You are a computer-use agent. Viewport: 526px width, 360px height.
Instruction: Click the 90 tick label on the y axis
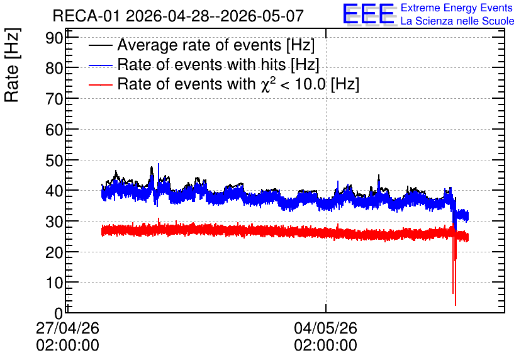pyautogui.click(x=54, y=38)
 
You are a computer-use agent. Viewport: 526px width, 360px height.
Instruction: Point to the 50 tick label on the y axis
pyautogui.click(x=54, y=160)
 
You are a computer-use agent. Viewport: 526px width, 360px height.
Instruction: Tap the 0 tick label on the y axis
pyautogui.click(x=59, y=314)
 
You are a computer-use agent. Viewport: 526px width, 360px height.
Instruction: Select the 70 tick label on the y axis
pyautogui.click(x=54, y=99)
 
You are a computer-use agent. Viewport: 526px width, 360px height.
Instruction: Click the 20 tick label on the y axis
pyautogui.click(x=54, y=252)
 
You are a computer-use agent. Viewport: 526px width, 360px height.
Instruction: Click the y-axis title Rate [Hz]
pyautogui.click(x=12, y=65)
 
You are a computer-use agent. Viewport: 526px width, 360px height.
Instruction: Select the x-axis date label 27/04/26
pyautogui.click(x=67, y=328)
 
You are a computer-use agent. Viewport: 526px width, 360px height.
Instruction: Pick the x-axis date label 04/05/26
pyautogui.click(x=325, y=328)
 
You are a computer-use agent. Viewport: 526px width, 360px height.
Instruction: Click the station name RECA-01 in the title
pyautogui.click(x=86, y=16)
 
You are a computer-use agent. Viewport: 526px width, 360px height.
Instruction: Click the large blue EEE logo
pyautogui.click(x=369, y=14)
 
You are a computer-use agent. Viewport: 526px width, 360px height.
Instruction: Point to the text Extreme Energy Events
pyautogui.click(x=457, y=8)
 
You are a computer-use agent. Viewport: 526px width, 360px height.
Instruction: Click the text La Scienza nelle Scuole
pyautogui.click(x=457, y=21)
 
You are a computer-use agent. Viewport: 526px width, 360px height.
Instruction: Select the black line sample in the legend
pyautogui.click(x=101, y=45)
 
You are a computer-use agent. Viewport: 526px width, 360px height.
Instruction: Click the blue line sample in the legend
pyautogui.click(x=101, y=65)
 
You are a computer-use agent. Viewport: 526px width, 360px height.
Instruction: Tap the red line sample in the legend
pyautogui.click(x=101, y=84)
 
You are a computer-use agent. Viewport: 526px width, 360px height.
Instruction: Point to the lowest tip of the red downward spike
pyautogui.click(x=456, y=305)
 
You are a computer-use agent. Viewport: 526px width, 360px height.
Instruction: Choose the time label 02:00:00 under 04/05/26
pyautogui.click(x=325, y=346)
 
